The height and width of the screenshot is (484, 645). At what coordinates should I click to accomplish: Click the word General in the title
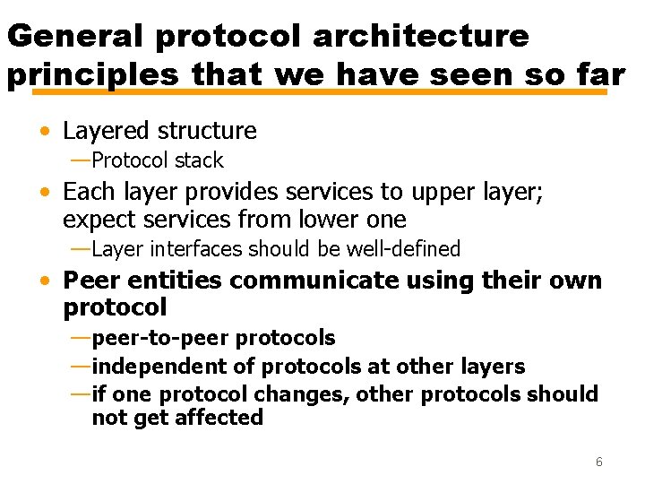coord(76,36)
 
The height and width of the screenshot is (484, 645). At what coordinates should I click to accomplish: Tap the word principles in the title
coord(92,75)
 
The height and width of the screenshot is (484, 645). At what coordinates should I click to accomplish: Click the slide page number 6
coord(598,462)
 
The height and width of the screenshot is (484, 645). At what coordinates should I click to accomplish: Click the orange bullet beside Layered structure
coord(45,132)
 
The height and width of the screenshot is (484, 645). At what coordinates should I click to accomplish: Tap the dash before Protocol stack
coord(80,160)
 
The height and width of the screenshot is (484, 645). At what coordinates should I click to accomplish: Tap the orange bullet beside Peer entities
coord(45,281)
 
